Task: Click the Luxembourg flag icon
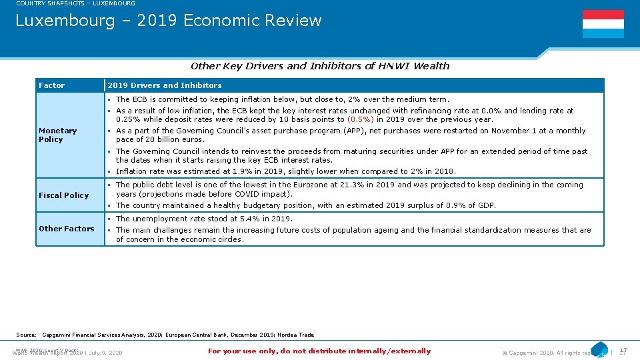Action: click(x=603, y=24)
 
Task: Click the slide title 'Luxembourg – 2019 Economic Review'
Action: click(x=168, y=21)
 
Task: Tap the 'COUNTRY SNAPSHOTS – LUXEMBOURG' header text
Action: click(x=75, y=3)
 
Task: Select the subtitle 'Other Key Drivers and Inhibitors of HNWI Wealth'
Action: click(x=320, y=66)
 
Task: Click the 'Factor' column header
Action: click(x=52, y=85)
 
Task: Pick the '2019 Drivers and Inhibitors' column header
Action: click(x=165, y=85)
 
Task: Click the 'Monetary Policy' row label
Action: click(x=58, y=135)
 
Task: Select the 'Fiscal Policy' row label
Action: click(x=63, y=195)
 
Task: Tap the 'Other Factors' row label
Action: click(x=67, y=229)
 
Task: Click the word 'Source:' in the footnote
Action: click(x=26, y=335)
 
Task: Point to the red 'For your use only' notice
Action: click(x=319, y=351)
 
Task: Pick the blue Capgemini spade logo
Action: click(x=599, y=349)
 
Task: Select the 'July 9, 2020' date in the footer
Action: click(x=106, y=353)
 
